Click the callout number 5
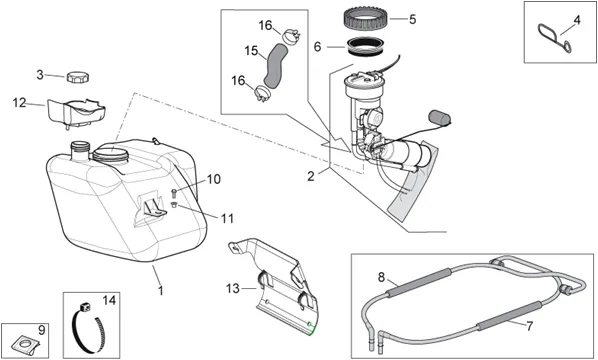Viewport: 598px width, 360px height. pyautogui.click(x=412, y=19)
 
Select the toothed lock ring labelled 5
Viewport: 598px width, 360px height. pyautogui.click(x=367, y=18)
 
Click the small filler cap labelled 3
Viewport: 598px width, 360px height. pyautogui.click(x=78, y=77)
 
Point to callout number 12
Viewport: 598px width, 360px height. pyautogui.click(x=19, y=103)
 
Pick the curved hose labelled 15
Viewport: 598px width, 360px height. pyautogui.click(x=274, y=64)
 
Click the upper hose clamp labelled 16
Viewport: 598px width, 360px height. pyautogui.click(x=291, y=36)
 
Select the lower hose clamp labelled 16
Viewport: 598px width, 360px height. pyautogui.click(x=262, y=93)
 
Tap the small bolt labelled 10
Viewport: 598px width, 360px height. pyautogui.click(x=175, y=193)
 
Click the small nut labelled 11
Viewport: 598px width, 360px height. pyautogui.click(x=174, y=205)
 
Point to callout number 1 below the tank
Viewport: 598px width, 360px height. pyautogui.click(x=161, y=290)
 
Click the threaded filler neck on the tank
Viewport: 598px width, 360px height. pyautogui.click(x=80, y=150)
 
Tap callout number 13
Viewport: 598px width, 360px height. pyautogui.click(x=232, y=289)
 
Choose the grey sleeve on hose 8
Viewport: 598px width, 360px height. pyautogui.click(x=418, y=281)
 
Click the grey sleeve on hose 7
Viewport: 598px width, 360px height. pyautogui.click(x=509, y=316)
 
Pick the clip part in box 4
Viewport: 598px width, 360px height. pyautogui.click(x=555, y=38)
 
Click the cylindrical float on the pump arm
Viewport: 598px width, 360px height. pyautogui.click(x=440, y=118)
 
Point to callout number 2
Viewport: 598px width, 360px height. pyautogui.click(x=311, y=176)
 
